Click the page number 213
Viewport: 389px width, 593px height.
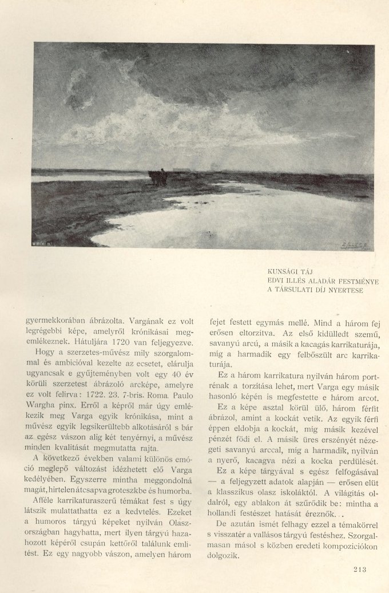pos(356,568)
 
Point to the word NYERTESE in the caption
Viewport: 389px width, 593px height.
pos(346,290)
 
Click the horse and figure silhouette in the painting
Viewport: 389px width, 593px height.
pos(158,177)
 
